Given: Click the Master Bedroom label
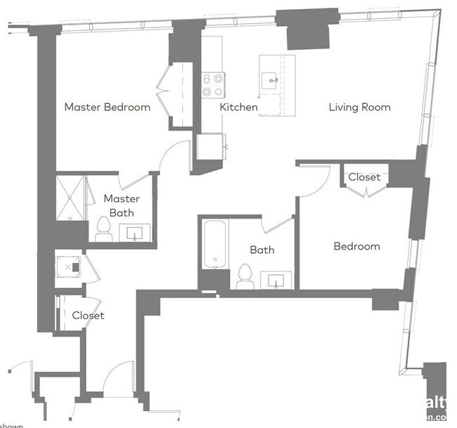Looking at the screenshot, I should pos(107,108).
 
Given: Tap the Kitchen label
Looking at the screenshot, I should pos(238,108).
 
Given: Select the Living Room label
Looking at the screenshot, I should pos(359,108).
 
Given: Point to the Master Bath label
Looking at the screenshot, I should pos(122,205).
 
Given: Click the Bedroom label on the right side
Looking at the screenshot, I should pos(356,246).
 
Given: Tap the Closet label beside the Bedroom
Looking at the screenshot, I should pos(364,177).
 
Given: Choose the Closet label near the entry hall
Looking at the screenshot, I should pos(88,316).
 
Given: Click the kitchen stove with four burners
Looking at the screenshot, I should pos(213,85).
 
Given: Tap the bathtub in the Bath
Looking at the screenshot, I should pos(214,245).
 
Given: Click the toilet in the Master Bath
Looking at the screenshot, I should pos(104,230).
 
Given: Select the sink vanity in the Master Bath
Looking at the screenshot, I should pos(134,233).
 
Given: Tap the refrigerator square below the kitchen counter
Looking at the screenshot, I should pos(210,148).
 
